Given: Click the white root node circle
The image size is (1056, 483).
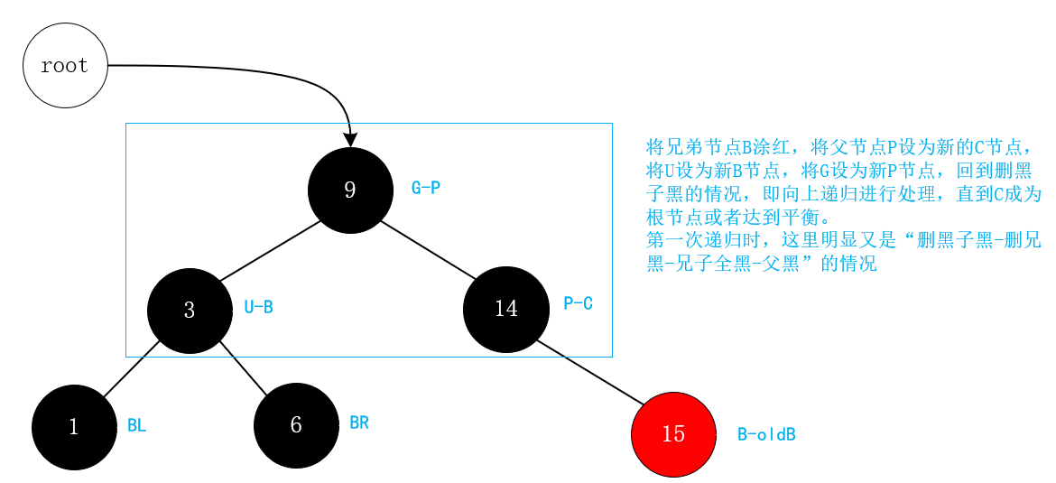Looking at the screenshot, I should click(65, 66).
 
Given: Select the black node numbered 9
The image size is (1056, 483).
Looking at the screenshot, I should click(350, 190).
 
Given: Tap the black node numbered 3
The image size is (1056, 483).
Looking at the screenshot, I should click(190, 311).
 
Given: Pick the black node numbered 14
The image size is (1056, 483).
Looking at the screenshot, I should click(506, 309).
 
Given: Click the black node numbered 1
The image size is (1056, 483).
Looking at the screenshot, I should click(74, 427).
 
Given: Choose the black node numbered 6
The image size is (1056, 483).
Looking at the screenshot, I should click(296, 425).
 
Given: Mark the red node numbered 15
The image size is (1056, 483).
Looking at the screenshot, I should click(673, 434).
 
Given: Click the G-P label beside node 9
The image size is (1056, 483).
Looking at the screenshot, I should click(425, 189).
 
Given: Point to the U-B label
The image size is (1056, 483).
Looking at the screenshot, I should click(258, 308).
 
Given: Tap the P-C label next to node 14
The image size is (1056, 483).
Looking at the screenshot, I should click(578, 304).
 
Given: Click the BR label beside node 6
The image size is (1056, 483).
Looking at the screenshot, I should click(358, 423).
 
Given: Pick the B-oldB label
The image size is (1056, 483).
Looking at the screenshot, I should click(766, 435).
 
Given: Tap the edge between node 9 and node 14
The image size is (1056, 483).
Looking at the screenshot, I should click(428, 249).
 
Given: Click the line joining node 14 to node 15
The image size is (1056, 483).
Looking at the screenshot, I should click(590, 372).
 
